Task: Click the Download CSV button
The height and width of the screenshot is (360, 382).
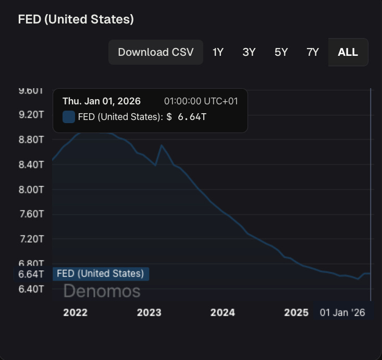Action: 155,52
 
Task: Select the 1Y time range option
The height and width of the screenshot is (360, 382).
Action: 218,52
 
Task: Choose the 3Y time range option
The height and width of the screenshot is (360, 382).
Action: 249,52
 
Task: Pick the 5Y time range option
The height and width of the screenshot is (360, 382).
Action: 281,52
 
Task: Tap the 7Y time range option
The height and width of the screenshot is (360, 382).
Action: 313,52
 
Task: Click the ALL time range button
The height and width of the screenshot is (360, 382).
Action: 348,52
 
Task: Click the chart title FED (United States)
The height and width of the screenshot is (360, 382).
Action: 76,19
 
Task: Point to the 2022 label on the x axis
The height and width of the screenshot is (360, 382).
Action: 75,313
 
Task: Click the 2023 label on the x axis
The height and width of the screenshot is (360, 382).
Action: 149,313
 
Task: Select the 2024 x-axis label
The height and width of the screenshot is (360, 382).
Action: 223,313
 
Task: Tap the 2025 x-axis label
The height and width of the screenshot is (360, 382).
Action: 296,313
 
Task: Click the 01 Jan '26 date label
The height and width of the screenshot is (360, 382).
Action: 342,313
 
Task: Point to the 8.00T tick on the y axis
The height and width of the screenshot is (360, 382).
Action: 31,189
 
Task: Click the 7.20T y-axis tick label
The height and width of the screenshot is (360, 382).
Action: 31,238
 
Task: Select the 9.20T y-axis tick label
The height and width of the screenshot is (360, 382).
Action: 31,114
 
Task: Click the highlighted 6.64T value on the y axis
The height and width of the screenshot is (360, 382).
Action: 31,274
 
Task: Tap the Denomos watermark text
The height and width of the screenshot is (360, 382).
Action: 102,291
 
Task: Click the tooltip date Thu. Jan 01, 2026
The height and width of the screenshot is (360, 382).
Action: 101,101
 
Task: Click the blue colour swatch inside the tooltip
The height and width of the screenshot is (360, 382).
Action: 68,117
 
